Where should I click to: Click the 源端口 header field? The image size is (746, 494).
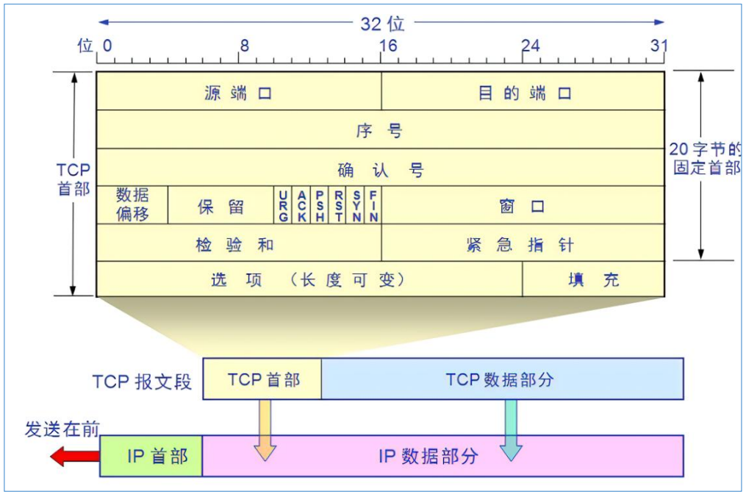click(x=238, y=93)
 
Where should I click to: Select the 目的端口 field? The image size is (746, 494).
click(x=523, y=93)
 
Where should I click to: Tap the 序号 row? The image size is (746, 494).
click(x=379, y=131)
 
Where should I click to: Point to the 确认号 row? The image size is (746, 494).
click(x=381, y=170)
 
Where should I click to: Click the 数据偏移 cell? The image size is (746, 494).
click(x=132, y=205)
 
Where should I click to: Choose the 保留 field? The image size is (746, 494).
click(x=220, y=206)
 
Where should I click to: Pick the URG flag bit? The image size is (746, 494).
click(x=284, y=206)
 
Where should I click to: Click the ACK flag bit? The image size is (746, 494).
click(x=301, y=206)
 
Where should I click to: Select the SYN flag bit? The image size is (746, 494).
click(x=356, y=206)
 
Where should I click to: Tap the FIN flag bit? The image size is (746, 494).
click(x=373, y=206)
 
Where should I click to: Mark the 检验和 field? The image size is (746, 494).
click(x=238, y=244)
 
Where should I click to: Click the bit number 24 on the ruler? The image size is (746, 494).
click(x=530, y=46)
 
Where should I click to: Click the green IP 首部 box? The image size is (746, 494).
click(x=151, y=456)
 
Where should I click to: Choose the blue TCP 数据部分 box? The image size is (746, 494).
click(x=501, y=379)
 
